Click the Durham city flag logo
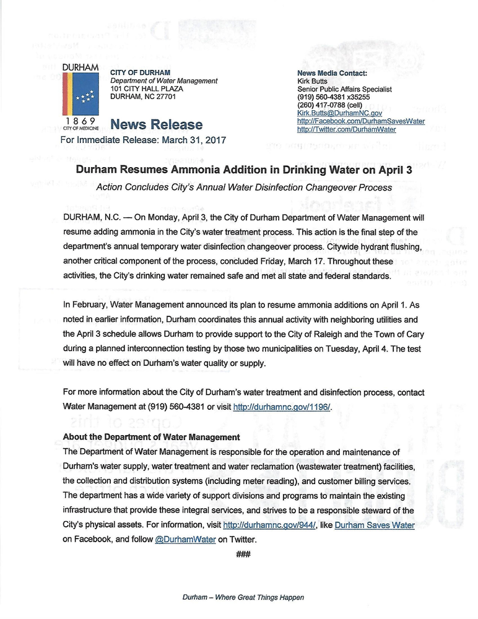pos(79,90)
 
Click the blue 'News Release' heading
pos(146,124)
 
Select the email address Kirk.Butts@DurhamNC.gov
pos(339,113)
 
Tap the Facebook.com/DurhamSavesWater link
pos(360,121)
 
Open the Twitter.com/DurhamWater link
pos(346,129)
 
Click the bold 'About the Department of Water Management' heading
pos(151,437)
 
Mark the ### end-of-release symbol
pos(243,554)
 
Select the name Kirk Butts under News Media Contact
pos(311,81)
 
